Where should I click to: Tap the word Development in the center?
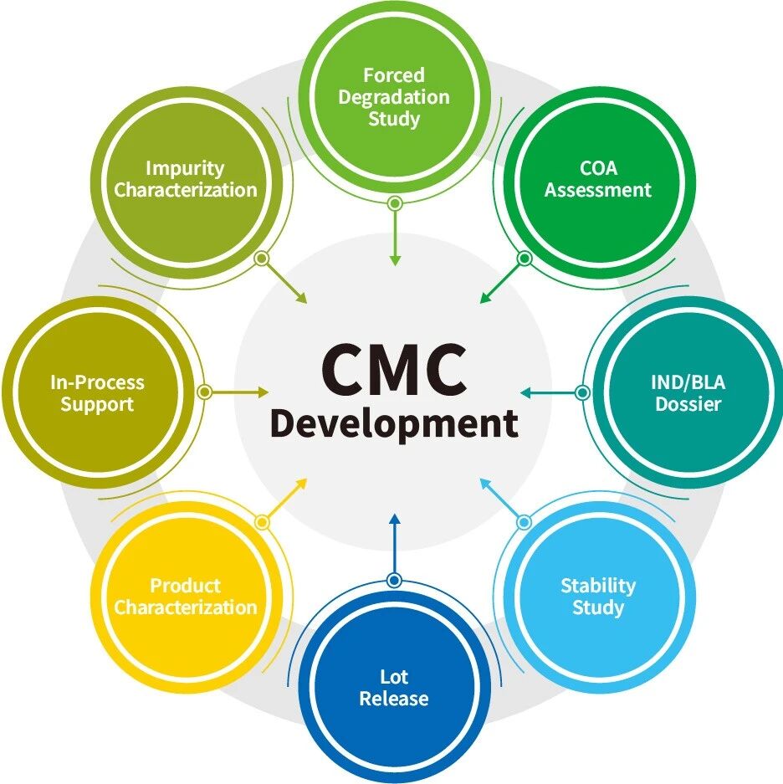pyautogui.click(x=394, y=424)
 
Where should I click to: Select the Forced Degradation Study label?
pyautogui.click(x=394, y=97)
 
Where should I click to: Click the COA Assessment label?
pyautogui.click(x=598, y=179)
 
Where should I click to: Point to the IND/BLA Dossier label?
pyautogui.click(x=688, y=393)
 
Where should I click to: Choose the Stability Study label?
pyautogui.click(x=598, y=597)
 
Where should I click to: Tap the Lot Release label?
pyautogui.click(x=394, y=688)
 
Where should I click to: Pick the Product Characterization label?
pyautogui.click(x=186, y=597)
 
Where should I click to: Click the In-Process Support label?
pyautogui.click(x=98, y=393)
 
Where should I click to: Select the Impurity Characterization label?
pyautogui.click(x=186, y=179)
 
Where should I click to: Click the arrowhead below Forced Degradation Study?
pyautogui.click(x=395, y=260)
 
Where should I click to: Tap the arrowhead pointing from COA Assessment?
pyautogui.click(x=485, y=298)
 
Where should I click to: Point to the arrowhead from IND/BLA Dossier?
pyautogui.click(x=526, y=393)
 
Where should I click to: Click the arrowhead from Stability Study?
pyautogui.click(x=485, y=484)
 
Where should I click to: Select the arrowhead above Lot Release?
pyautogui.click(x=395, y=519)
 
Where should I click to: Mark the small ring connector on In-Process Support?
pyautogui.click(x=204, y=392)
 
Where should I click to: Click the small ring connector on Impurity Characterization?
pyautogui.click(x=262, y=259)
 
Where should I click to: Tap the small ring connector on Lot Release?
pyautogui.click(x=395, y=581)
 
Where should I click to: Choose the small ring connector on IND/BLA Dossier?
pyautogui.click(x=582, y=392)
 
